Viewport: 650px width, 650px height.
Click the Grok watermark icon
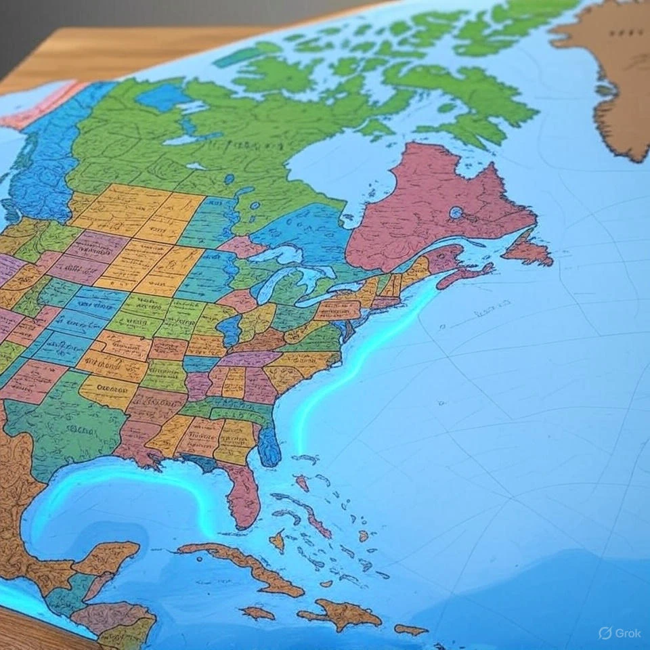605,632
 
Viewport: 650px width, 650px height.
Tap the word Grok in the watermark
626,633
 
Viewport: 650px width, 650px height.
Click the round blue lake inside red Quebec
456,213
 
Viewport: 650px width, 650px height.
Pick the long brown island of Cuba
244,565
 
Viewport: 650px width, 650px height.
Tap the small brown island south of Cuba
258,613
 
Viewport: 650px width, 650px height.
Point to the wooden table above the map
135,47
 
